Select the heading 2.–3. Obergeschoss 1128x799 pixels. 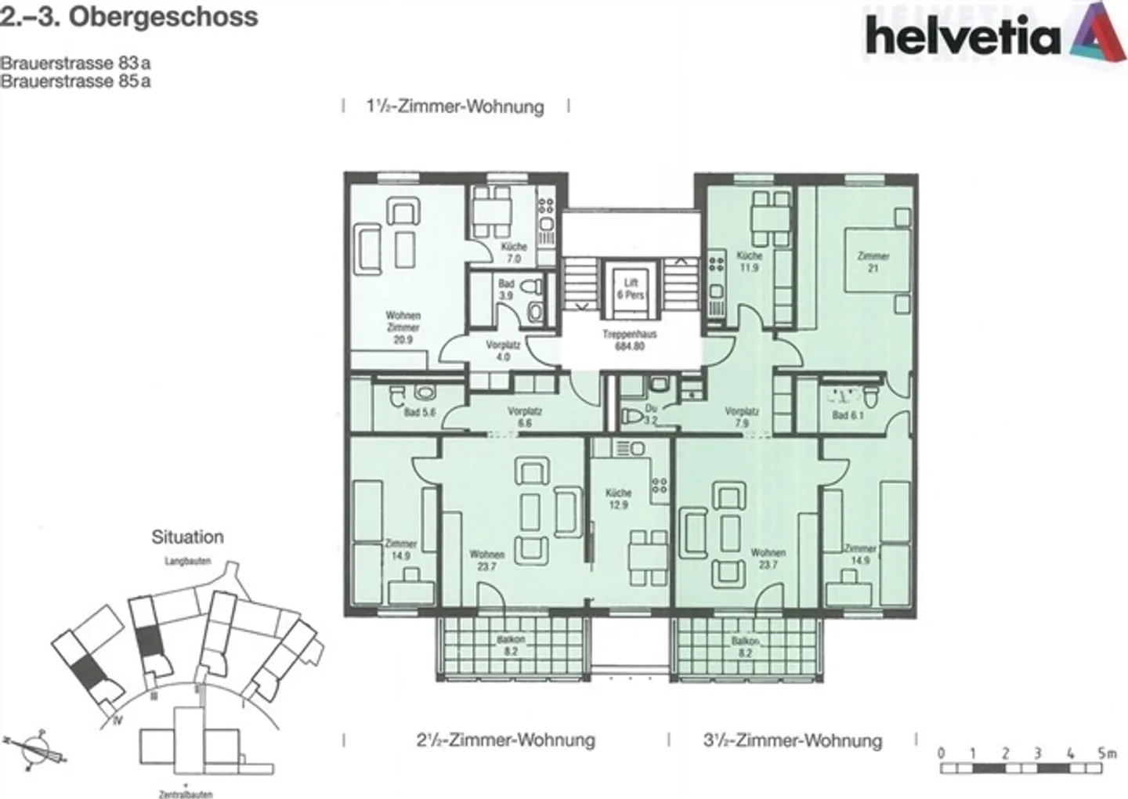[x=129, y=17]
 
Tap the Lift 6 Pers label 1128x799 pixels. [x=631, y=288]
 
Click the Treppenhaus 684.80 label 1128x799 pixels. [x=629, y=339]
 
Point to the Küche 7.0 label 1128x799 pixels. [x=514, y=252]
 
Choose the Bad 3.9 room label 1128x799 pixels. [x=506, y=289]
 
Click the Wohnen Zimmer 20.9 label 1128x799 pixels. [x=403, y=327]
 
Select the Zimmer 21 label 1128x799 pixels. [x=873, y=262]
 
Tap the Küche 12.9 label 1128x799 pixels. [x=618, y=499]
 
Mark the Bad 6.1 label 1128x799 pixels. [x=847, y=415]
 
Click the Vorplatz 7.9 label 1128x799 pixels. [x=741, y=417]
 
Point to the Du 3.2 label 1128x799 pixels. [x=649, y=414]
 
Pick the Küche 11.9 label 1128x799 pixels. [x=749, y=261]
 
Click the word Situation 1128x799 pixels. [x=187, y=537]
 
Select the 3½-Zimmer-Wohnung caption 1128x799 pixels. [x=792, y=740]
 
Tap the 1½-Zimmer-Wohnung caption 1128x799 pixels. [x=455, y=107]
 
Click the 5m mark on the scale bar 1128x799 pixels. [x=1106, y=754]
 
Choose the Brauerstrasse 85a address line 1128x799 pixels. [x=75, y=81]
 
